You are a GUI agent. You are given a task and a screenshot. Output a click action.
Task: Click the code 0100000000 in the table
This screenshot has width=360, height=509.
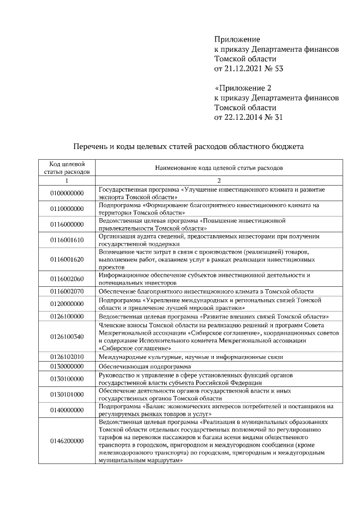[x=66, y=193]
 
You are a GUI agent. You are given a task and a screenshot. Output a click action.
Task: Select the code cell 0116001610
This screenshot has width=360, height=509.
[x=66, y=240]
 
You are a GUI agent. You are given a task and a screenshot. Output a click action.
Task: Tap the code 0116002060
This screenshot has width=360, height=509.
[x=66, y=278]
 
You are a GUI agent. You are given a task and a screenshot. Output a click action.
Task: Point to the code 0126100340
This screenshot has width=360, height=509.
[x=66, y=336]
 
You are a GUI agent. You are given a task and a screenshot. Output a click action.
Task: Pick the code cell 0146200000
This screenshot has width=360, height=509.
[x=66, y=440]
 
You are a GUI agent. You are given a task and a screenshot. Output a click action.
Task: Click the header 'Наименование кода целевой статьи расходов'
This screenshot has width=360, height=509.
[x=219, y=167]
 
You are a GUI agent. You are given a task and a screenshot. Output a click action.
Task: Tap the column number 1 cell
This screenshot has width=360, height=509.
[x=66, y=180]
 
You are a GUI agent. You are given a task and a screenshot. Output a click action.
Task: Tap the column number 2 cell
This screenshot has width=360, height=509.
[x=219, y=180]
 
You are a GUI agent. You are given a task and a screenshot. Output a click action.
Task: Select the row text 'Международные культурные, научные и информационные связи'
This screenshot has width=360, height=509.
[x=190, y=357]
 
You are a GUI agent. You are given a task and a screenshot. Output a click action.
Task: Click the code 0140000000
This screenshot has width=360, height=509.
[x=66, y=409]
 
